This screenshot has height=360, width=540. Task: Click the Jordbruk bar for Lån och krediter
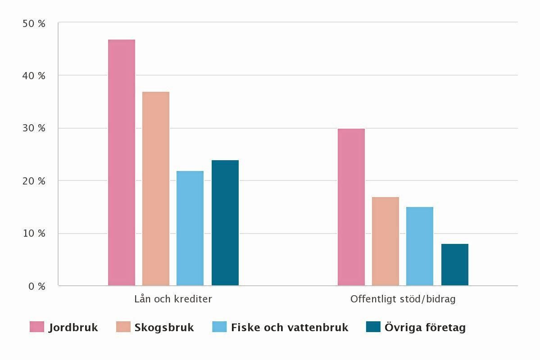122,162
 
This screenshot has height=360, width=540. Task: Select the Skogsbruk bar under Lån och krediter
156,189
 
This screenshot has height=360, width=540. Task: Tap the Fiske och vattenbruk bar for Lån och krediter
190,228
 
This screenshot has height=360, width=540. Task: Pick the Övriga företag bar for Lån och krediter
225,223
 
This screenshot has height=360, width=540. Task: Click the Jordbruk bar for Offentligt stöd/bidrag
351,207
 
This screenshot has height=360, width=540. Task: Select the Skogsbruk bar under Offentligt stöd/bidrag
386,241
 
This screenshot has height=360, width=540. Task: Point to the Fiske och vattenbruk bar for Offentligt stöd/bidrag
420,246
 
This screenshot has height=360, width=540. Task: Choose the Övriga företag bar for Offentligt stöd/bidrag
455,265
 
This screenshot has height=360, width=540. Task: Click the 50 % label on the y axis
34,24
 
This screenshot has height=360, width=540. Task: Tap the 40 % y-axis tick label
34,76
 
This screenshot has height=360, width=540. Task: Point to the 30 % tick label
34,129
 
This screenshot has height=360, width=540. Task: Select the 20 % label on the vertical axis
34,181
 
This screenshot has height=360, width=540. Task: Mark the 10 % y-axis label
34,234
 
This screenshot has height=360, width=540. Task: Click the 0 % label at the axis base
36,286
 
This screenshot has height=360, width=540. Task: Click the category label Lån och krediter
173,299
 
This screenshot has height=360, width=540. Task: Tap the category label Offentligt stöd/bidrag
403,299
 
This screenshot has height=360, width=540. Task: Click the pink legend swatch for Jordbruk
37,327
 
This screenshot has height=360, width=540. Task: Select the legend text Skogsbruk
164,328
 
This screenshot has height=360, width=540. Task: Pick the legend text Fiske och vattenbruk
290,328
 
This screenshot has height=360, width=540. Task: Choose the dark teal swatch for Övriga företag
373,327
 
